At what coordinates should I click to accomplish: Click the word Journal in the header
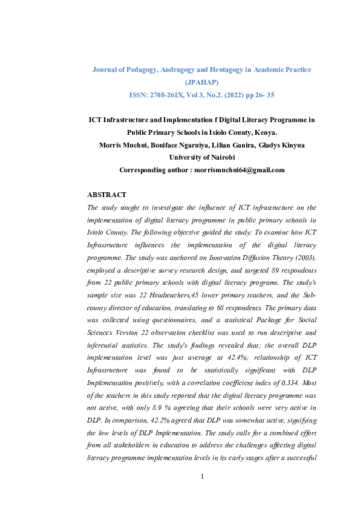click(105, 70)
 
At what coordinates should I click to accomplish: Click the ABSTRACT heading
click(107, 195)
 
